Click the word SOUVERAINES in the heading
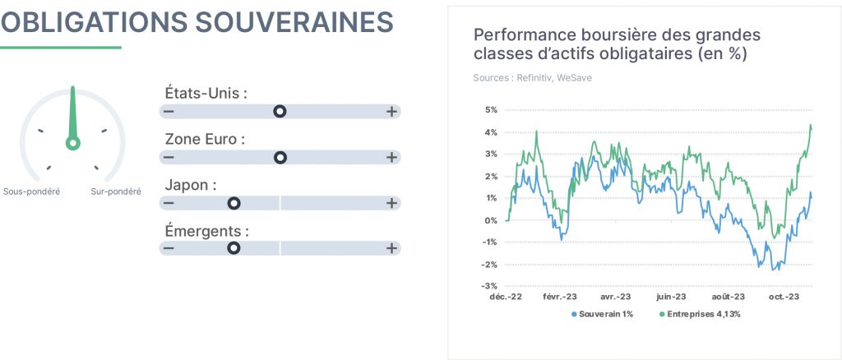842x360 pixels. (294, 22)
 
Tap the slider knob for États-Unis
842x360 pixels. (280, 111)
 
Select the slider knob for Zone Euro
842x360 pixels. (280, 157)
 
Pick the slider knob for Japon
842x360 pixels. (234, 203)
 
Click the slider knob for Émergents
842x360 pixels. (234, 248)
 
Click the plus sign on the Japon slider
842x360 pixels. (392, 203)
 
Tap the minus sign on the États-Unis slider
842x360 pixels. (169, 111)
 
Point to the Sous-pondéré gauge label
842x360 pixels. (32, 192)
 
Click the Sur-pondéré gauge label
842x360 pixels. (116, 192)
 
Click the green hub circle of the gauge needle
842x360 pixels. (72, 143)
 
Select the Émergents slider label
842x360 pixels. (207, 232)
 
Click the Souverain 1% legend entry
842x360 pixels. (603, 314)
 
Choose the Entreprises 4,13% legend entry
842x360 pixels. (700, 314)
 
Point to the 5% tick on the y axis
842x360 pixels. (492, 110)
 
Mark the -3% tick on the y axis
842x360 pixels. (490, 286)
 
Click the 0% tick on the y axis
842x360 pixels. (492, 220)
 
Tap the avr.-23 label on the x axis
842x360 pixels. (615, 297)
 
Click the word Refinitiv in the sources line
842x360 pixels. (534, 78)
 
